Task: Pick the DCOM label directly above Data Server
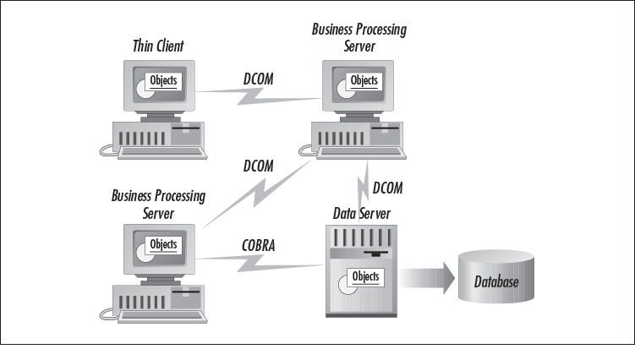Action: tap(388, 187)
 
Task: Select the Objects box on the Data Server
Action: tap(364, 276)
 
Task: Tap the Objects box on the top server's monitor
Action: tap(364, 80)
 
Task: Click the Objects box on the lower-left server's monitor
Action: tap(162, 245)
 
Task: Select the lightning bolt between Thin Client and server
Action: tap(266, 92)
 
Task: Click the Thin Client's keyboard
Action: tap(161, 153)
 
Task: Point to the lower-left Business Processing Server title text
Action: tap(158, 204)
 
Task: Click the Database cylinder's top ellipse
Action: tap(495, 259)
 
